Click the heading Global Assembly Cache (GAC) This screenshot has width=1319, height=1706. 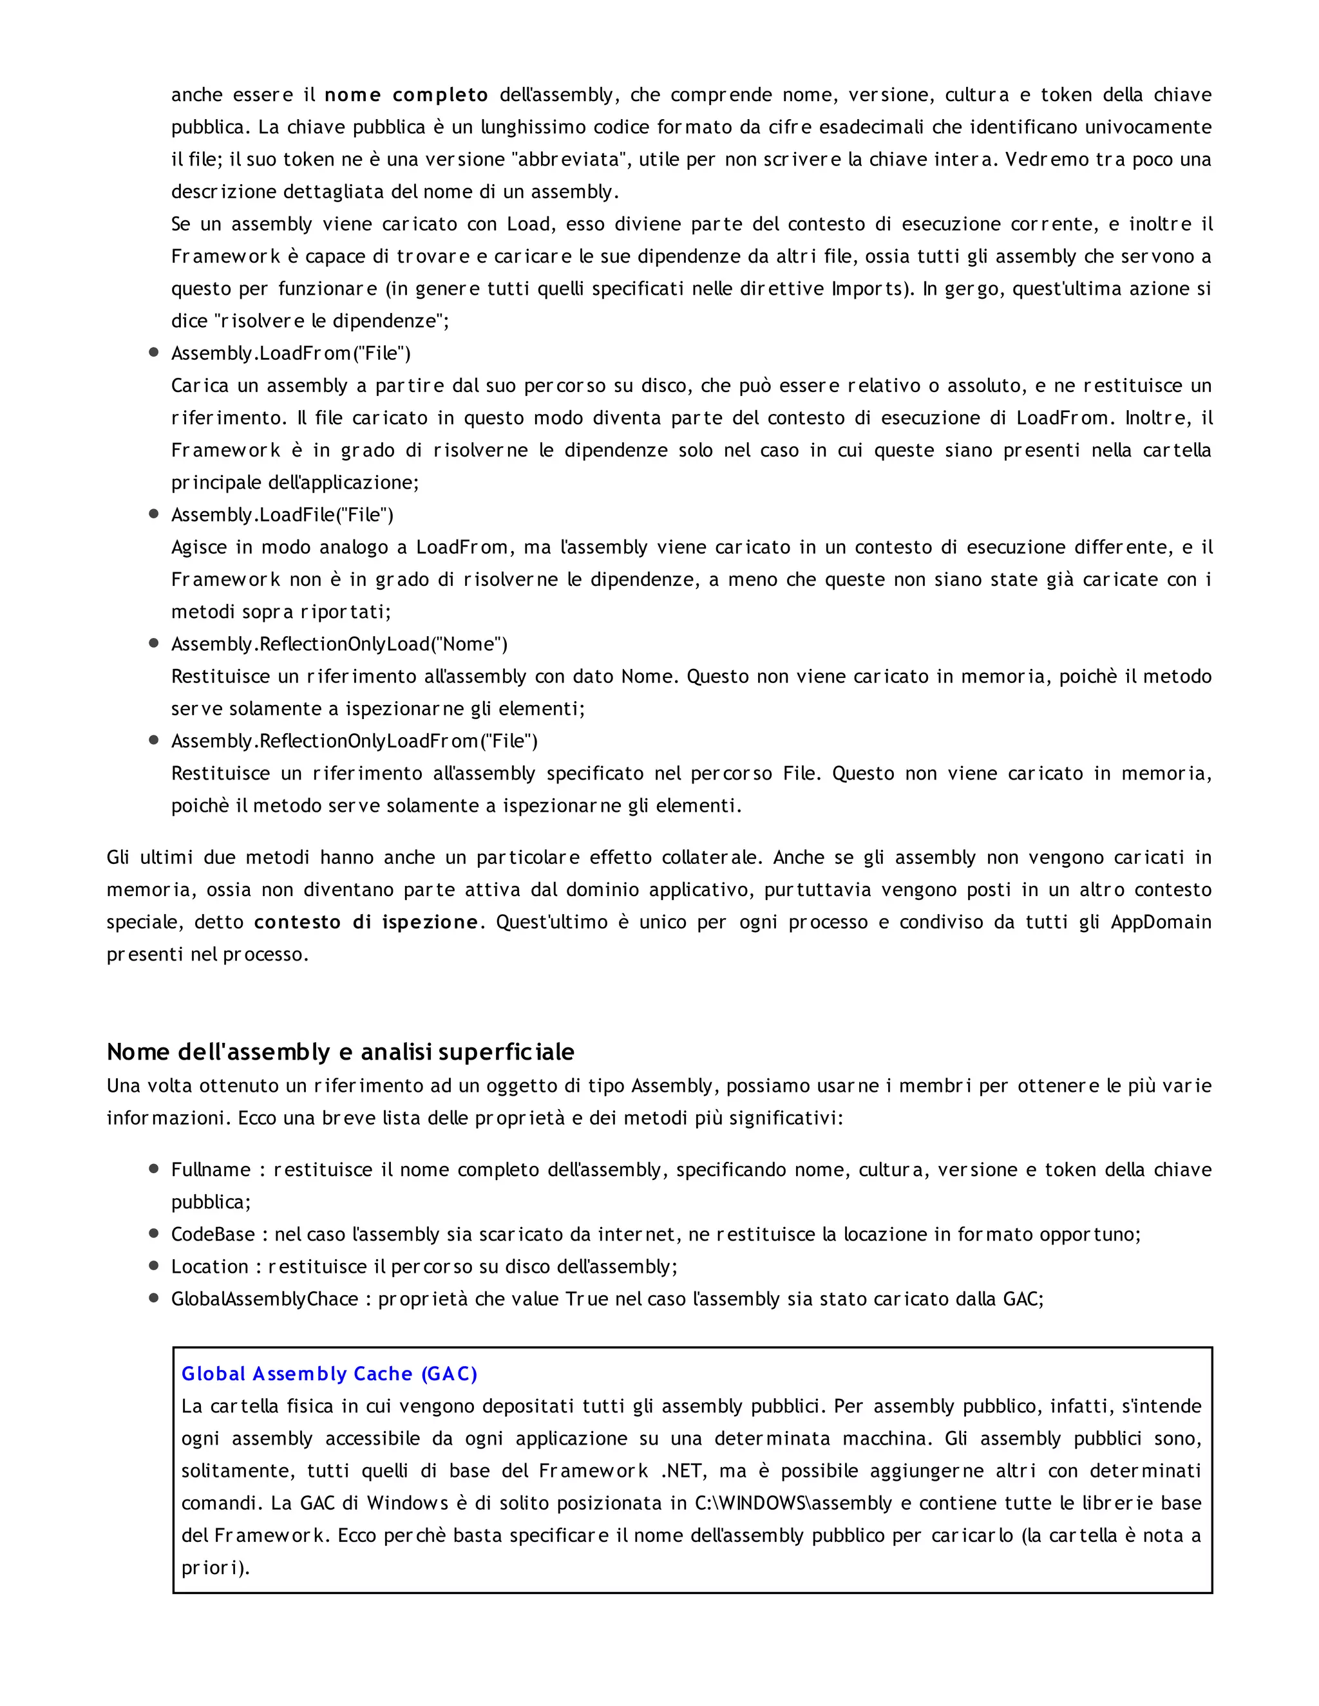tap(329, 1374)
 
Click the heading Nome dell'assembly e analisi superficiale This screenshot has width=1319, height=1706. tap(340, 1052)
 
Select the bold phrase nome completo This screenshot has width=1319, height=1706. tap(406, 95)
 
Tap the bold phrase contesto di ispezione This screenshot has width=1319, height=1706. tap(366, 922)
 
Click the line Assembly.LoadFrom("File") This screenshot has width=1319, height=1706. tap(290, 353)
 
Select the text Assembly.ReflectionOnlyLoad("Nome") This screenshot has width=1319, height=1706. tap(339, 644)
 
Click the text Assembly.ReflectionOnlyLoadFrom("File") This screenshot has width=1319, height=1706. tap(354, 740)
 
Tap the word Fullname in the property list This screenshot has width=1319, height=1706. tap(211, 1169)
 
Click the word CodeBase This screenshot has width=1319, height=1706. tap(213, 1234)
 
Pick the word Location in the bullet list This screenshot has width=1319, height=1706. tap(209, 1266)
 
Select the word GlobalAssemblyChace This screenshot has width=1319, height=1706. tap(264, 1299)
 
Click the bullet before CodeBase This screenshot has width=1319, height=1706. tap(154, 1233)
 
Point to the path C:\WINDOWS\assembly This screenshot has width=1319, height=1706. tap(792, 1503)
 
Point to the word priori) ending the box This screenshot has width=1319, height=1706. tap(216, 1568)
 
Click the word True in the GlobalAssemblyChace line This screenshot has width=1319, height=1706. tap(586, 1299)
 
